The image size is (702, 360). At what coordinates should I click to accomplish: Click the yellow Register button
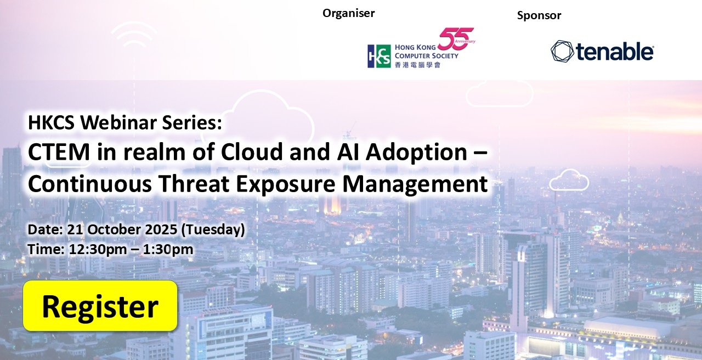100,306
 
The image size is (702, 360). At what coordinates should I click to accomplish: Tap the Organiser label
348,13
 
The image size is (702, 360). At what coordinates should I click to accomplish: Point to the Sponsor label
539,15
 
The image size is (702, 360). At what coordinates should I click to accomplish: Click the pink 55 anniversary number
456,38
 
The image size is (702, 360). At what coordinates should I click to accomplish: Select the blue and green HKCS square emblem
379,56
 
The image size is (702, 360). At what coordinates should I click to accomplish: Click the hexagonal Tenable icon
562,50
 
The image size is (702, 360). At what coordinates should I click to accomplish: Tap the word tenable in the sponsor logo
615,52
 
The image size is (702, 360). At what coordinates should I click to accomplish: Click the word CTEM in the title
59,152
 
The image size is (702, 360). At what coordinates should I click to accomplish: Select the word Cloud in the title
252,151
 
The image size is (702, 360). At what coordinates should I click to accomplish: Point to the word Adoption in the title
416,153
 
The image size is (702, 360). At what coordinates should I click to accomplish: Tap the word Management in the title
415,184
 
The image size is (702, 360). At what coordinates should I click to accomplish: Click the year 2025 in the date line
161,229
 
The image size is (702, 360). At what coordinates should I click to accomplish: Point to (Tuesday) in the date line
213,230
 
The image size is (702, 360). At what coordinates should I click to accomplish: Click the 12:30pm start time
98,250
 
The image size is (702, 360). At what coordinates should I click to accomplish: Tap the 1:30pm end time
168,250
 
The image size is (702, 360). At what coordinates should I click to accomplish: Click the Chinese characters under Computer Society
417,65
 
